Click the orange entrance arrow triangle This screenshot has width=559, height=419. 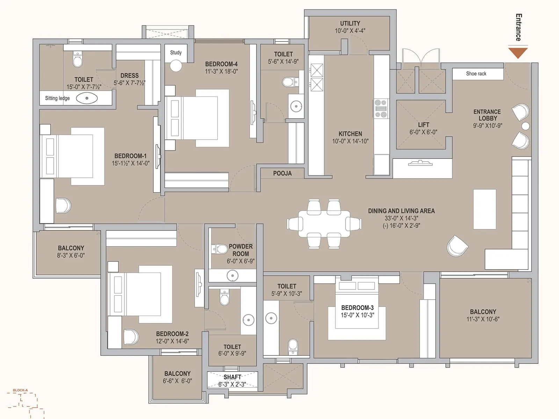518,52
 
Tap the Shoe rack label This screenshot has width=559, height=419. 476,74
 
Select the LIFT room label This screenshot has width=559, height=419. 423,125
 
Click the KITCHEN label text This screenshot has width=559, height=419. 350,134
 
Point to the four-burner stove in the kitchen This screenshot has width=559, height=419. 380,109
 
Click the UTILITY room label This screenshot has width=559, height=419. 350,23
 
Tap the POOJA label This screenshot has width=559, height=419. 282,173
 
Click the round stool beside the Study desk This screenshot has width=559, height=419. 176,66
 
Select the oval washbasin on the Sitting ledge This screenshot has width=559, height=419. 87,98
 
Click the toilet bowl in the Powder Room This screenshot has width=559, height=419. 220,249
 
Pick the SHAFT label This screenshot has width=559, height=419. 232,377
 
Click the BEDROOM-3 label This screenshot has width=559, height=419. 357,308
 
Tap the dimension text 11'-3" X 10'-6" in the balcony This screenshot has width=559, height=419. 483,319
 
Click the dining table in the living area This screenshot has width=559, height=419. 324,224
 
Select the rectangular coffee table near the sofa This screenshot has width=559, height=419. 485,209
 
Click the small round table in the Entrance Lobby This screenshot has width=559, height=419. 525,126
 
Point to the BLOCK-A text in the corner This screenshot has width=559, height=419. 20,390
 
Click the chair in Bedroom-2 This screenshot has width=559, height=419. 131,337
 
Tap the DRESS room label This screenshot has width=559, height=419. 129,75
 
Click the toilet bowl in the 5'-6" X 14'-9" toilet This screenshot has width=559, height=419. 289,82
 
